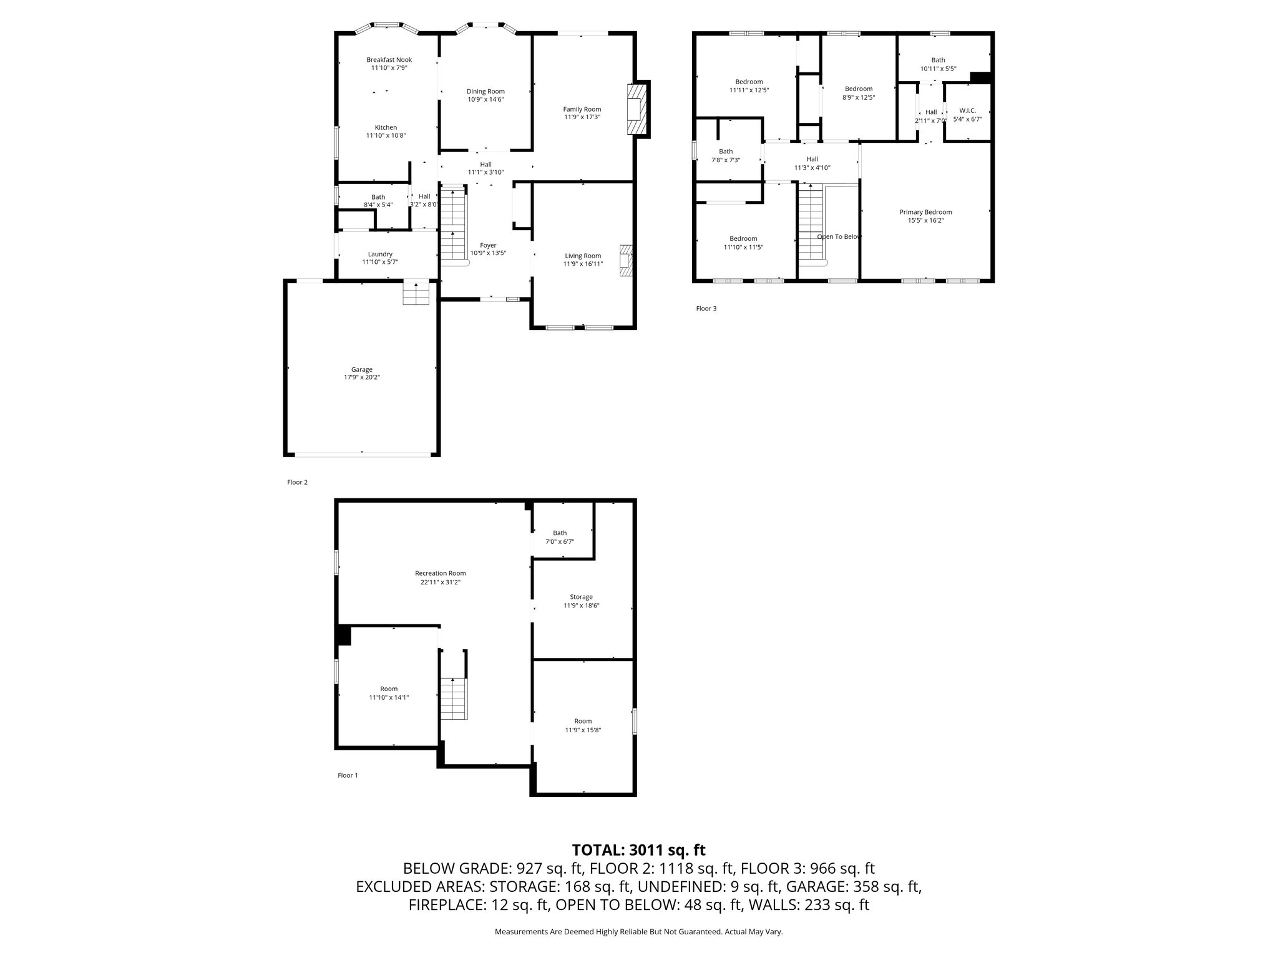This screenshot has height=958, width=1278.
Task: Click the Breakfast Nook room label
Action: click(x=389, y=60)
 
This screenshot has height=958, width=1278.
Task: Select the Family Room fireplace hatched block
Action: click(x=635, y=109)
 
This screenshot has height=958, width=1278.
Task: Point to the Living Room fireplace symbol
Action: click(x=625, y=261)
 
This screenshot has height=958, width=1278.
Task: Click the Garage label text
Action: click(x=361, y=369)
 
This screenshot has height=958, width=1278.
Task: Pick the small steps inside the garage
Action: click(x=416, y=293)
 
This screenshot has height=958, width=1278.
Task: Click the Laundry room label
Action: click(x=380, y=254)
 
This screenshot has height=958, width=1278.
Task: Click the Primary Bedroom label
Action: click(x=925, y=212)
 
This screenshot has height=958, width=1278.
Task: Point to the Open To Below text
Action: click(x=839, y=236)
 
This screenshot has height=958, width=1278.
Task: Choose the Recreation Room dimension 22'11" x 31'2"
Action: click(x=440, y=582)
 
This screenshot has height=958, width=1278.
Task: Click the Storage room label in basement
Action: click(x=581, y=597)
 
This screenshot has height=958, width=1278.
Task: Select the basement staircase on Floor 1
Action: click(x=454, y=699)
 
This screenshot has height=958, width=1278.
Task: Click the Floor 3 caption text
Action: click(x=706, y=308)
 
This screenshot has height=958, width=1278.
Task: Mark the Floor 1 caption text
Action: click(x=348, y=775)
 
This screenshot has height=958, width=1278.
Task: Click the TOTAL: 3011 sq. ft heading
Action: click(x=638, y=849)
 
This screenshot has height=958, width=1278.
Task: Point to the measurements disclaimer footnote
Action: click(x=638, y=932)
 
